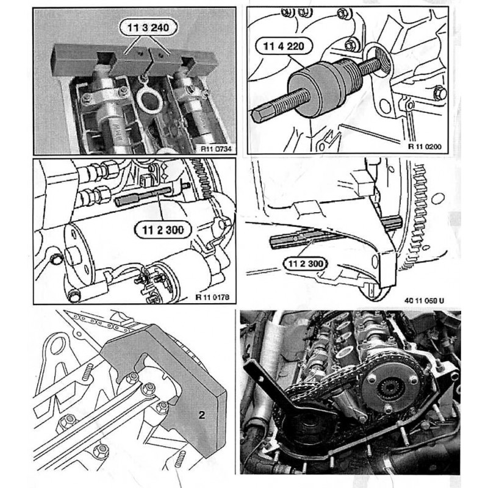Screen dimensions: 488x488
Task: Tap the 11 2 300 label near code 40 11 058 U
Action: (x=303, y=263)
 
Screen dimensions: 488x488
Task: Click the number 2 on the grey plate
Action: (x=199, y=414)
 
